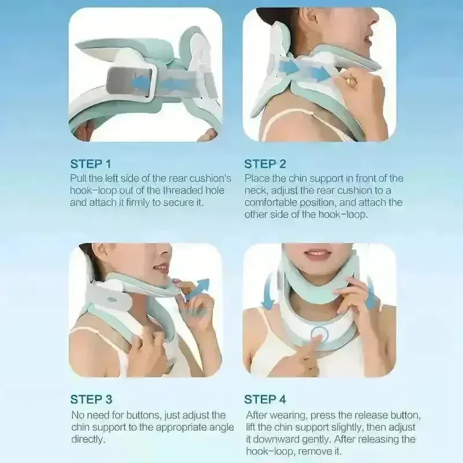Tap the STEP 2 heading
pyautogui.click(x=264, y=164)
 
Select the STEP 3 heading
pyautogui.click(x=91, y=399)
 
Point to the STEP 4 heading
pyautogui.click(x=264, y=399)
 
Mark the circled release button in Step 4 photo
pyautogui.click(x=317, y=334)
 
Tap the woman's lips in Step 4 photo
pyautogui.click(x=317, y=254)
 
